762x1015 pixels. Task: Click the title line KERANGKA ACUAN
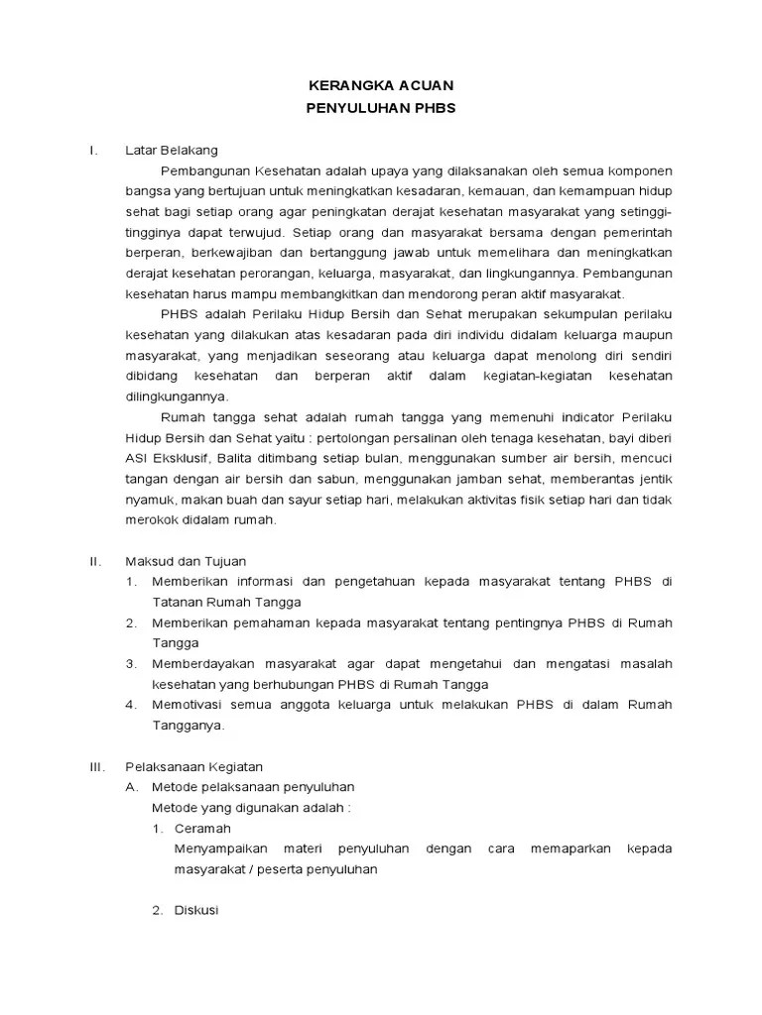(x=381, y=87)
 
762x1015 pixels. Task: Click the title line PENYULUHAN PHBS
(x=381, y=109)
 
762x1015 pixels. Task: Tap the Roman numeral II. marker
(x=94, y=561)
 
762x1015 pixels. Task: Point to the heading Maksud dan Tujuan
(x=185, y=561)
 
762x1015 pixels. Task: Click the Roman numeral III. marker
(x=96, y=766)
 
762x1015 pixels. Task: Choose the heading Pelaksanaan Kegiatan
(x=193, y=766)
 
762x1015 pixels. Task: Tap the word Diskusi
(x=195, y=911)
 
